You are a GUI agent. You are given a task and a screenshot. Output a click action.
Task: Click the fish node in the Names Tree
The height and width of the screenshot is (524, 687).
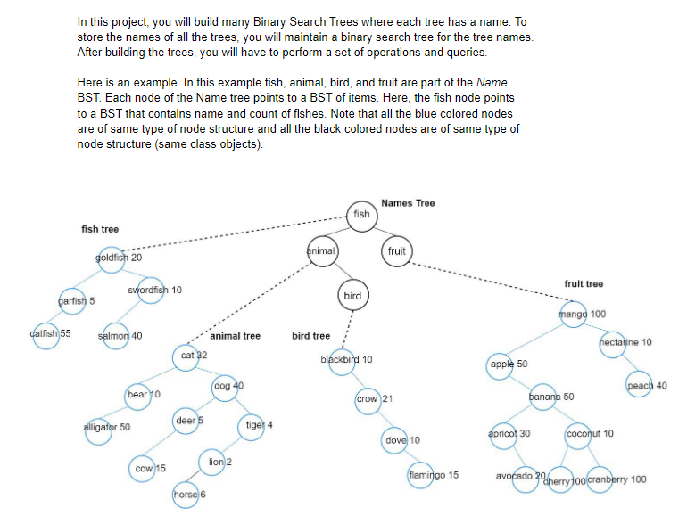click(361, 215)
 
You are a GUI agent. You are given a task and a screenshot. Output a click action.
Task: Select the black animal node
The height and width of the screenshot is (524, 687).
click(321, 251)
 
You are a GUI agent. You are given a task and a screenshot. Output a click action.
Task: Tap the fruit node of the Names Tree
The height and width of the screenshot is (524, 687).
click(397, 251)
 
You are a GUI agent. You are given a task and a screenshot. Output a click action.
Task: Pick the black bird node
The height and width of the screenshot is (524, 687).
click(352, 295)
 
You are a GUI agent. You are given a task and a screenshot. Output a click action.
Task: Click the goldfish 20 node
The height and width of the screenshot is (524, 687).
click(108, 258)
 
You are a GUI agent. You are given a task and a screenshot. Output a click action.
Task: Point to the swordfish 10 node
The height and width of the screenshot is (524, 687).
click(150, 291)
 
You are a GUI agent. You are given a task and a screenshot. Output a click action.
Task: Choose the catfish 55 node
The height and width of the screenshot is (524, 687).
click(42, 335)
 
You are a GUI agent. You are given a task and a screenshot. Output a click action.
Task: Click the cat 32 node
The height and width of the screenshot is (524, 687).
click(188, 356)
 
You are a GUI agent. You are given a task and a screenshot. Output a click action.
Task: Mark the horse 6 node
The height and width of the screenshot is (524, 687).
click(185, 495)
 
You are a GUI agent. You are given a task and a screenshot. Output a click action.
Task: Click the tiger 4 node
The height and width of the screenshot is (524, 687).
click(253, 424)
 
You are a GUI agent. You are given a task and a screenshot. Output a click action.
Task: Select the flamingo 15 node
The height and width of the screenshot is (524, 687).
click(420, 476)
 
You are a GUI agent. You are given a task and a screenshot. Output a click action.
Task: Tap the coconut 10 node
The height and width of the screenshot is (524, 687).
click(581, 434)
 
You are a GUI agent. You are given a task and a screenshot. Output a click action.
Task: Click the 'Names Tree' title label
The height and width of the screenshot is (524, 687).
click(408, 203)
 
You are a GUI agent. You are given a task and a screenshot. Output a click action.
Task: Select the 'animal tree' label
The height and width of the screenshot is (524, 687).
click(235, 336)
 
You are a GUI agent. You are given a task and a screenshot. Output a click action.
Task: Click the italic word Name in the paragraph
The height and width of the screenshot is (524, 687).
click(492, 83)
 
